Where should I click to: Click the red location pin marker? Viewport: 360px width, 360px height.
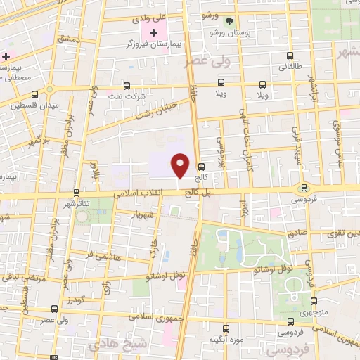click(181, 165)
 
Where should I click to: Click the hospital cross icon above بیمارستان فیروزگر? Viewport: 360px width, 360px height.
click(154, 32)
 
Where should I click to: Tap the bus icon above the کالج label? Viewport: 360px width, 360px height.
click(202, 167)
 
